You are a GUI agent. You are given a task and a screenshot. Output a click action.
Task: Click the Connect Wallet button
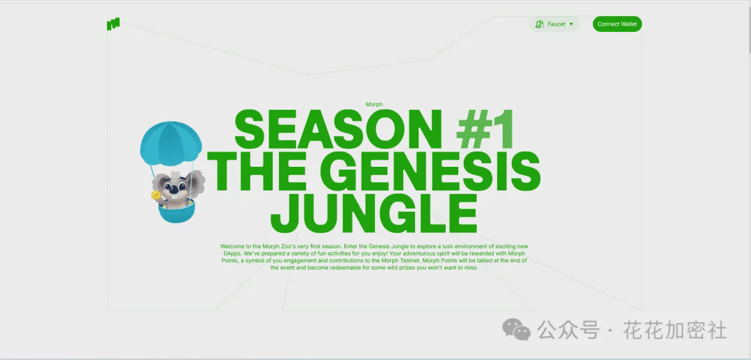click(617, 24)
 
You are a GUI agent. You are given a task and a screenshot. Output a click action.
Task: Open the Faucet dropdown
click(554, 24)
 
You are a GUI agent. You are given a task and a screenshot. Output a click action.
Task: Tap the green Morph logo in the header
click(113, 24)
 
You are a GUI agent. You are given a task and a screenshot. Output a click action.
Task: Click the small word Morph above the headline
click(374, 104)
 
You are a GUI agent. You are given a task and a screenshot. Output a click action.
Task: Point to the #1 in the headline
click(485, 129)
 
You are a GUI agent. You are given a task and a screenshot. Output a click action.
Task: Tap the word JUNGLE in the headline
click(373, 213)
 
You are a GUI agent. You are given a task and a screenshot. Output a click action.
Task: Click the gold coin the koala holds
click(154, 195)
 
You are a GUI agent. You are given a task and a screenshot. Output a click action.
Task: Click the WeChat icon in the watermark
click(516, 330)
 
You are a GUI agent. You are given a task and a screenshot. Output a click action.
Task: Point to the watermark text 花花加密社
click(675, 330)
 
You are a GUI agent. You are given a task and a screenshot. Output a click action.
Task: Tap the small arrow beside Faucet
click(571, 24)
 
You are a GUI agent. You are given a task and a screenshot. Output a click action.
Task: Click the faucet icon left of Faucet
click(540, 24)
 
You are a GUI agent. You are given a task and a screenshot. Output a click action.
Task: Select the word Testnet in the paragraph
click(411, 261)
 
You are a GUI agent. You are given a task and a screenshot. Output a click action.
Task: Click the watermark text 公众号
click(568, 330)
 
